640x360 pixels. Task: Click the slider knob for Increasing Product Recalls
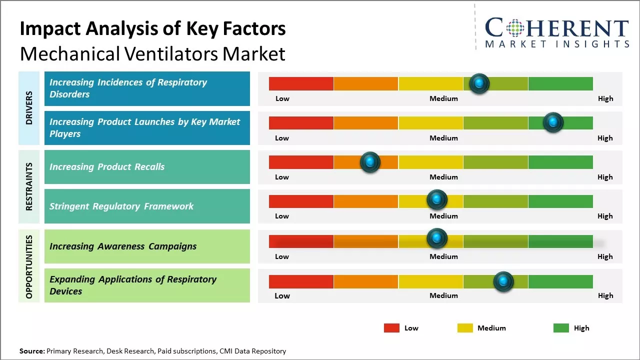tap(370, 162)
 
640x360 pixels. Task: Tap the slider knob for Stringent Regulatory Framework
tap(437, 200)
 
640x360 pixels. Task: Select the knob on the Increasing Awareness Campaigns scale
tap(437, 238)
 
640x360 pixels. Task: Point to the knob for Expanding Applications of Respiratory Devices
tap(503, 281)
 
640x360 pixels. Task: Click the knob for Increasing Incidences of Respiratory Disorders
tap(479, 83)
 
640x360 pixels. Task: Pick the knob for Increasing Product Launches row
tap(553, 122)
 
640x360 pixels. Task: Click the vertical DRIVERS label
tap(29, 108)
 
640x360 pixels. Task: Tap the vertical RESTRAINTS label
tap(29, 186)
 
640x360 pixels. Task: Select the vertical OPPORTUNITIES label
tap(29, 266)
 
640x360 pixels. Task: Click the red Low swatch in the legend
tap(391, 328)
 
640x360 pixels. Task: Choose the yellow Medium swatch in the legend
tap(465, 328)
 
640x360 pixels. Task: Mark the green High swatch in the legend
tap(561, 328)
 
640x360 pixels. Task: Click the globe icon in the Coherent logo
tap(515, 28)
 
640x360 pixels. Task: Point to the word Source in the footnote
tap(31, 351)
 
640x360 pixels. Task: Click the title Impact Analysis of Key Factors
tap(152, 29)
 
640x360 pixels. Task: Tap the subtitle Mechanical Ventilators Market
tap(152, 53)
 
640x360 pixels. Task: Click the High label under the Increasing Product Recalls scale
tap(605, 177)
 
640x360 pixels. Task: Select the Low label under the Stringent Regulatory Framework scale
tap(282, 216)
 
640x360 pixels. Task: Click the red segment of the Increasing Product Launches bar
tap(301, 123)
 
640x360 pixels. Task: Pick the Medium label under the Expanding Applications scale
tap(443, 295)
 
